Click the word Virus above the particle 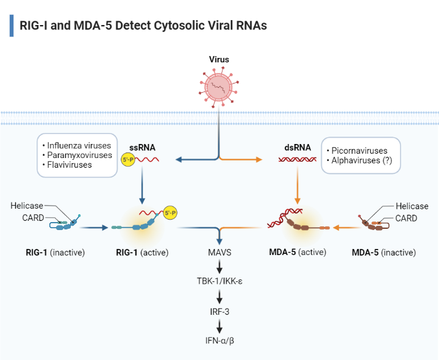(219, 60)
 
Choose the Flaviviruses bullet (70, 165)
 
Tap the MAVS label (219, 252)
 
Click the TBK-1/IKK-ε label (219, 282)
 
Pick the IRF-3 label (219, 311)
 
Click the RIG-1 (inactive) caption (55, 252)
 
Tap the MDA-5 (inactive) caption (385, 252)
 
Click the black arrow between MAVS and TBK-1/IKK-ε (219, 267)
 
